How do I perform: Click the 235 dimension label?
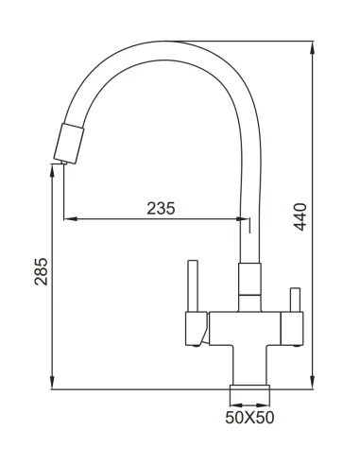tap(161, 209)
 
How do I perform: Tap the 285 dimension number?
tap(39, 274)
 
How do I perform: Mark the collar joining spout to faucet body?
tap(248, 282)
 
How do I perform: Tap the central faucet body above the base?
tap(248, 340)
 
